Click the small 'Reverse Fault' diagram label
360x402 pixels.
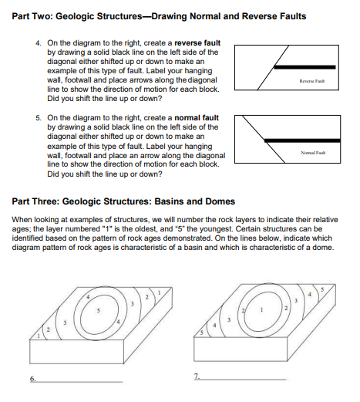point(312,81)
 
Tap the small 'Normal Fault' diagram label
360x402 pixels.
point(313,153)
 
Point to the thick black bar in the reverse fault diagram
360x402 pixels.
point(304,67)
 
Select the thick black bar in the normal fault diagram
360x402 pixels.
point(302,140)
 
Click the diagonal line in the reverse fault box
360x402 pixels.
point(273,68)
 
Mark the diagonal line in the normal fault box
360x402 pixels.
point(264,139)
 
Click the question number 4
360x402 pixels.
point(39,43)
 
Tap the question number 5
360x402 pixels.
point(39,118)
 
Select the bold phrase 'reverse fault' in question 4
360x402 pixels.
point(197,42)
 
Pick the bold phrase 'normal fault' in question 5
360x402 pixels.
point(197,118)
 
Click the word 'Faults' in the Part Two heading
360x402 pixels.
point(293,16)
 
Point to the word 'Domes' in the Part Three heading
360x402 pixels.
point(221,201)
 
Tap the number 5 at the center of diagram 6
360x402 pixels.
point(98,311)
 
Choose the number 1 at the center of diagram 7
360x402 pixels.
point(261,309)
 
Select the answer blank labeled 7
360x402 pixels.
point(243,379)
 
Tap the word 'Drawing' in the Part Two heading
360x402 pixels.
point(169,16)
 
